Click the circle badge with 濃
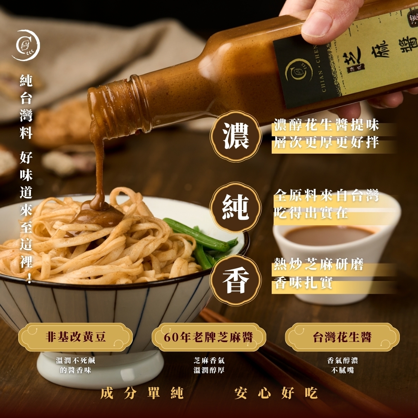(236, 136)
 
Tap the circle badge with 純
(236, 207)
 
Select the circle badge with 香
(236, 280)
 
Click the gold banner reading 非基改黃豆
(75, 337)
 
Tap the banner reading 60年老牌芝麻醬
(209, 337)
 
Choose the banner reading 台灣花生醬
(342, 337)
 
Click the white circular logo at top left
(26, 45)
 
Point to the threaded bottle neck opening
(117, 107)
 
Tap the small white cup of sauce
(336, 256)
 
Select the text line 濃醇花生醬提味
(326, 125)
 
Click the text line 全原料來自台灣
(326, 195)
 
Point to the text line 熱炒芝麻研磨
(319, 264)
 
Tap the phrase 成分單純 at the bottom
(142, 393)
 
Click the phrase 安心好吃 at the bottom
(276, 393)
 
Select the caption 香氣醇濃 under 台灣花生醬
(342, 361)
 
